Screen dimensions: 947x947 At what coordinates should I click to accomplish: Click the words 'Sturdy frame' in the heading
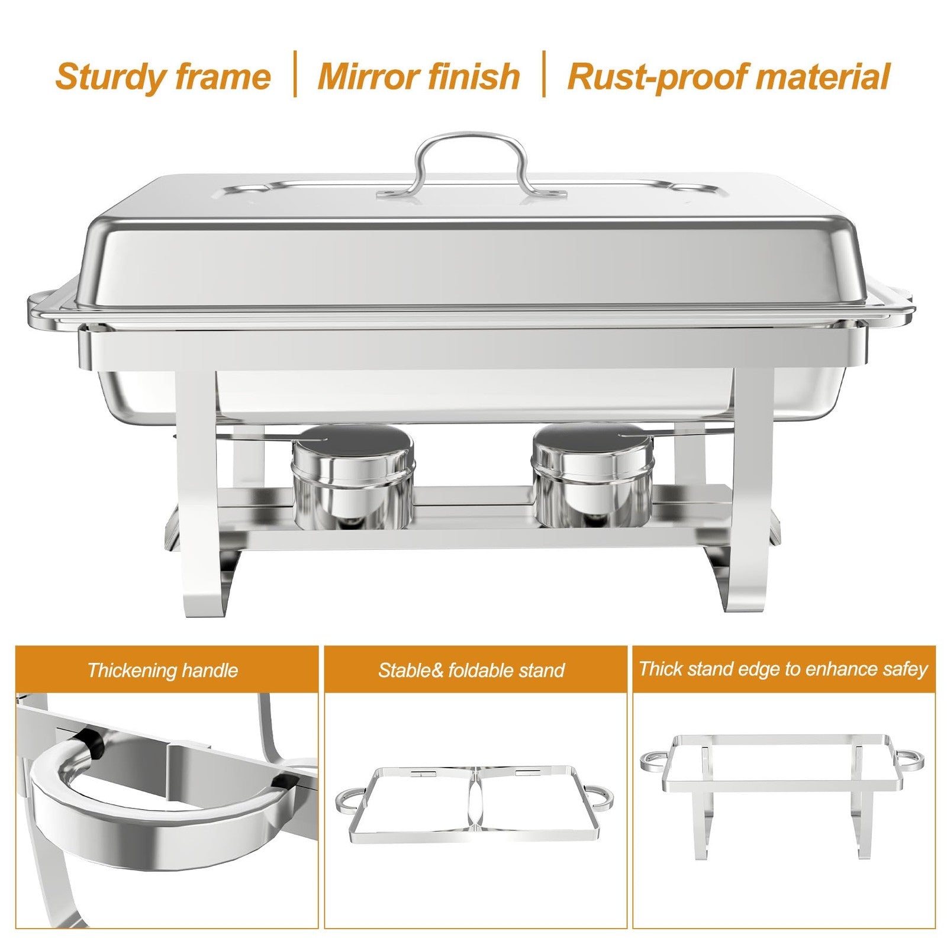(x=163, y=77)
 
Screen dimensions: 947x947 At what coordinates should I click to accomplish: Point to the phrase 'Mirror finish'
(x=418, y=77)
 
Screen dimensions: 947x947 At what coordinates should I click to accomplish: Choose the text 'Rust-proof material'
(x=728, y=77)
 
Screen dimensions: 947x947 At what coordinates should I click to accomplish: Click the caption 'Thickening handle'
(x=163, y=670)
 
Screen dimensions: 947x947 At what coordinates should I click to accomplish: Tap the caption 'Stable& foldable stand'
(x=471, y=670)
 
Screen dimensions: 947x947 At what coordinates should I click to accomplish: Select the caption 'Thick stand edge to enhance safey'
(x=783, y=669)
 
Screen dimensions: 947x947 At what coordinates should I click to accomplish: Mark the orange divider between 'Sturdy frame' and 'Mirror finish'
(x=295, y=74)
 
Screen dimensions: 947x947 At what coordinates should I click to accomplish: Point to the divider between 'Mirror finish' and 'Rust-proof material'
(x=544, y=74)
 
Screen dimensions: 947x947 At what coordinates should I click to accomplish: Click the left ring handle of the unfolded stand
(x=653, y=761)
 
